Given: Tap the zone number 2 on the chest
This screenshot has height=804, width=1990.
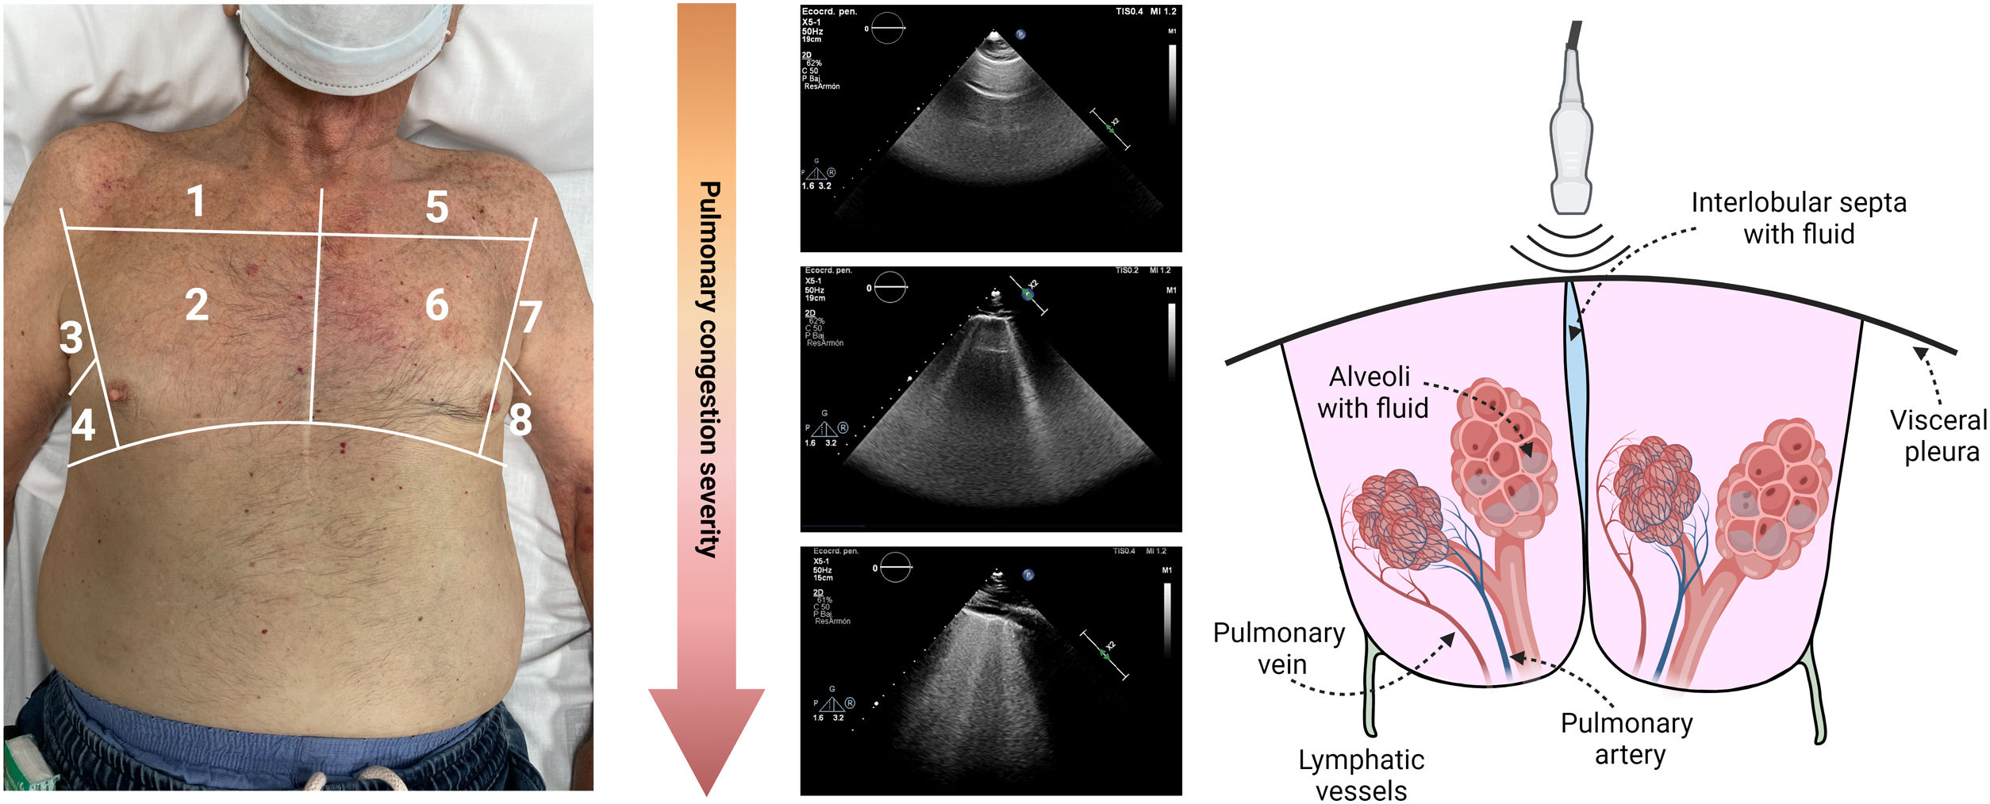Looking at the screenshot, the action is (x=197, y=304).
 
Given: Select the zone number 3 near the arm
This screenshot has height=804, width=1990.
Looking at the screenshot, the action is (x=71, y=338).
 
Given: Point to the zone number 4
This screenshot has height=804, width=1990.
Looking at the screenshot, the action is (x=83, y=425).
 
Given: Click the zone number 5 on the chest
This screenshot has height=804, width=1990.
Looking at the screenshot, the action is (x=436, y=207).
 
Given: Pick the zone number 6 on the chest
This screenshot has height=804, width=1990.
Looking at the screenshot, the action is (x=436, y=305).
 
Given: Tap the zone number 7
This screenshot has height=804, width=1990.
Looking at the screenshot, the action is (x=529, y=317).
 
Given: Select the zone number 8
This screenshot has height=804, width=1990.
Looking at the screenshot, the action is (x=520, y=419).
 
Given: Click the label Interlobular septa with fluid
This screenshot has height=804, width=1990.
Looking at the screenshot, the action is (x=1798, y=218).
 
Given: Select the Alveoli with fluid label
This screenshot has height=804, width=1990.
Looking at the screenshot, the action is (x=1372, y=392).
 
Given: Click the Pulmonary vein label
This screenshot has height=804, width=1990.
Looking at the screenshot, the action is (x=1279, y=648).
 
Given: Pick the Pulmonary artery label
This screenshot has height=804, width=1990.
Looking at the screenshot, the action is (x=1627, y=738).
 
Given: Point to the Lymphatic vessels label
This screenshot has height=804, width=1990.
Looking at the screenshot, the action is (x=1361, y=775).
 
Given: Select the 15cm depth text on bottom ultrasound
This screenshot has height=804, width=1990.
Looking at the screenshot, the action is (x=823, y=578).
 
